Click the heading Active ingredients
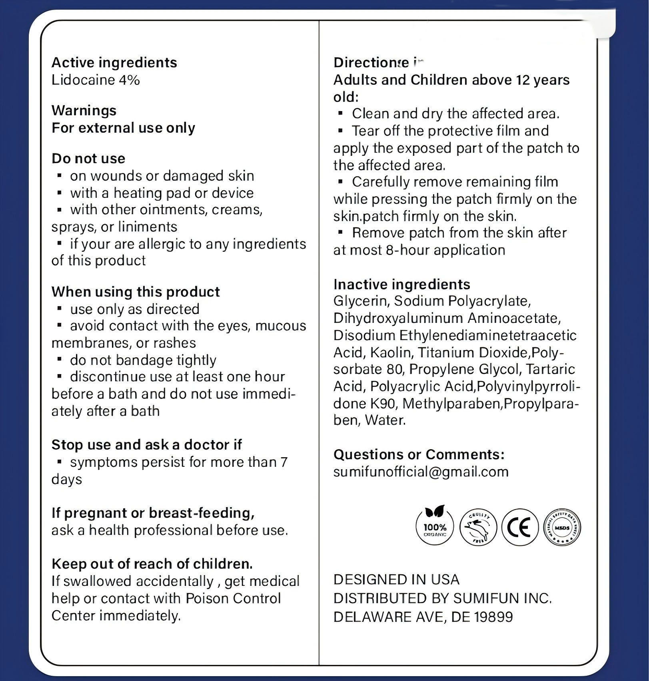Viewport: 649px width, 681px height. click(114, 63)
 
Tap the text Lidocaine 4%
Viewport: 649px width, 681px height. click(96, 80)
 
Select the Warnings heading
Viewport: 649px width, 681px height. click(84, 110)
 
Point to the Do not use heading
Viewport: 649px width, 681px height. click(88, 159)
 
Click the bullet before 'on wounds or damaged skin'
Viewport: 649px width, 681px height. click(60, 175)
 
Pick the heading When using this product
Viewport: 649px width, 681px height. click(136, 292)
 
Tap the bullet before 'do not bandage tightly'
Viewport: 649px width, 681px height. click(60, 360)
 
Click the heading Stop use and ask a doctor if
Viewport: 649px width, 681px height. click(147, 445)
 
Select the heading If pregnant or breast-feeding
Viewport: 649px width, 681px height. click(153, 513)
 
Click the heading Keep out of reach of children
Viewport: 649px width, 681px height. click(152, 564)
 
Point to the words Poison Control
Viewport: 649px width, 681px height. click(234, 598)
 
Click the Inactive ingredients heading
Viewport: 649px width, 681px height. click(402, 284)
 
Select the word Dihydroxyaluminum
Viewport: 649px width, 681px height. click(398, 318)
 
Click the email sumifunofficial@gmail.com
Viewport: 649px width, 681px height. click(421, 472)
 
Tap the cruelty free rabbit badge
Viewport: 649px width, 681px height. click(478, 528)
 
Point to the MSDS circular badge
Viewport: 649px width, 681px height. click(562, 528)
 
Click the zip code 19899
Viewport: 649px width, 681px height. click(493, 617)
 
